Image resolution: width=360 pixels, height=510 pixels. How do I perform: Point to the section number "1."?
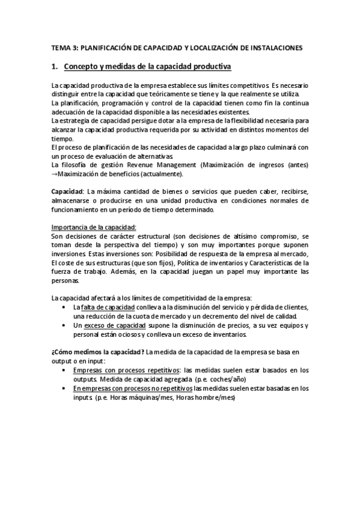tap(54, 66)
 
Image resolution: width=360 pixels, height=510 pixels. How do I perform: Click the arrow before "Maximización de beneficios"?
tap(54, 174)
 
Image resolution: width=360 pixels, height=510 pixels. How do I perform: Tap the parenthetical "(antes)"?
tap(295, 165)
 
